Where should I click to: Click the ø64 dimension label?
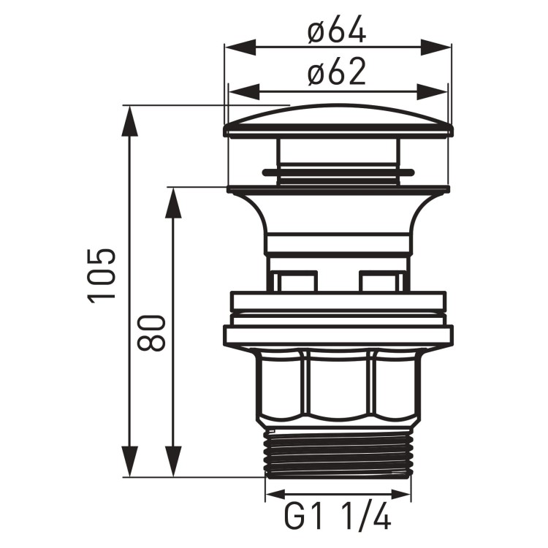(337, 32)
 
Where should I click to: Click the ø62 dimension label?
(337, 73)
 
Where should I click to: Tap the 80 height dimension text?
(151, 333)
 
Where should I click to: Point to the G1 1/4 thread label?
(337, 518)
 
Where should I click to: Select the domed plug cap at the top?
(338, 121)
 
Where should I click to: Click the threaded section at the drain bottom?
(338, 452)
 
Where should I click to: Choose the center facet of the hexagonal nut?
(338, 387)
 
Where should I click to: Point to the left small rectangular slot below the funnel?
(296, 282)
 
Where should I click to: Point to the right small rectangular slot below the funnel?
(380, 282)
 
